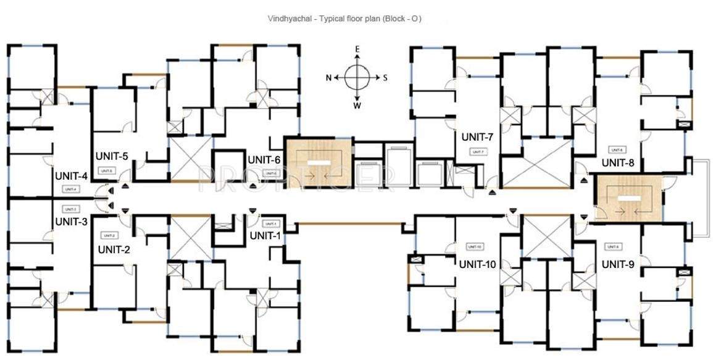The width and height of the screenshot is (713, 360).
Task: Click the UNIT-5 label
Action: coord(112,156)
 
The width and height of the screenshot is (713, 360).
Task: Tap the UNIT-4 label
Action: coord(72,176)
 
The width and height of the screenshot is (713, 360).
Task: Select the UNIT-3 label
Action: coord(72,221)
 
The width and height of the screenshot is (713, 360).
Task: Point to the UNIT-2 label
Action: coord(114,249)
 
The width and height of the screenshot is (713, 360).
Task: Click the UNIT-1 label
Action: coord(266,235)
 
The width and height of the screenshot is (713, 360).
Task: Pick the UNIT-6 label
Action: coord(264,159)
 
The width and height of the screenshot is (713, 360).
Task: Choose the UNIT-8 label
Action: coord(618,163)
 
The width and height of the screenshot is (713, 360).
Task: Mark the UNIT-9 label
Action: coord(618,264)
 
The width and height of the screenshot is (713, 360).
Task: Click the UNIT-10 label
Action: coord(478,264)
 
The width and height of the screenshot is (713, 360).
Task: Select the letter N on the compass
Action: coord(329,78)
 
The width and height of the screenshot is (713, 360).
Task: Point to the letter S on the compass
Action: coord(385,78)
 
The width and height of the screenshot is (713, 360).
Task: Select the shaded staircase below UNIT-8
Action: coord(628,198)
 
